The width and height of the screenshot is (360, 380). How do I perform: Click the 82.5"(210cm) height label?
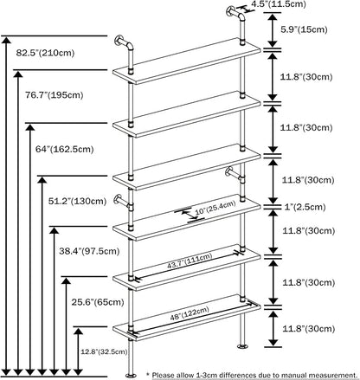(45, 53)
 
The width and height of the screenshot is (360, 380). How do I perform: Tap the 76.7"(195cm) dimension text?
(54, 95)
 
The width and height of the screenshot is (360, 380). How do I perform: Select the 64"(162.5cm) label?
(65, 149)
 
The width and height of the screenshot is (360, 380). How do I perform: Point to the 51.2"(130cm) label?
(77, 201)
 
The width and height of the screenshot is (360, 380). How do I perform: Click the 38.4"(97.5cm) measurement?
(89, 251)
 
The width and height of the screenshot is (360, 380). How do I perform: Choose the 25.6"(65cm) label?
(98, 302)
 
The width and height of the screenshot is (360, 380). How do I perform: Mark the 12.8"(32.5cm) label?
(104, 351)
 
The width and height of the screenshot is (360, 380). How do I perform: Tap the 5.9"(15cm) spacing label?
(304, 29)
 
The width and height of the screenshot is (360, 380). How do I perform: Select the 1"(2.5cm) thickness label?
(305, 207)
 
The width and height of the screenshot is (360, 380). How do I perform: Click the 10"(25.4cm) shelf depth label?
(215, 209)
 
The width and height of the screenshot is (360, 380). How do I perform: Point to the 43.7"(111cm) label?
(190, 261)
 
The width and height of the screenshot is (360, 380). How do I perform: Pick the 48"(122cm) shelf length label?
(190, 313)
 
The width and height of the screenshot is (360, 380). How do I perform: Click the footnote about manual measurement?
(252, 375)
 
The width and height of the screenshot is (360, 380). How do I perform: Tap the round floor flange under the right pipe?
(243, 346)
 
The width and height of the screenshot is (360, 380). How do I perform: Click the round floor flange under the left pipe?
(132, 376)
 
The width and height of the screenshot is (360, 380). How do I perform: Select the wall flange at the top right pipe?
(230, 11)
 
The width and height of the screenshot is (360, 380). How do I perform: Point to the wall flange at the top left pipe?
(119, 41)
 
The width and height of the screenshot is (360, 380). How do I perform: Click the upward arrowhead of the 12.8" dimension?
(78, 332)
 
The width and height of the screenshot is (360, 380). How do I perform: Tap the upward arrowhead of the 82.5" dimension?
(6, 40)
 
